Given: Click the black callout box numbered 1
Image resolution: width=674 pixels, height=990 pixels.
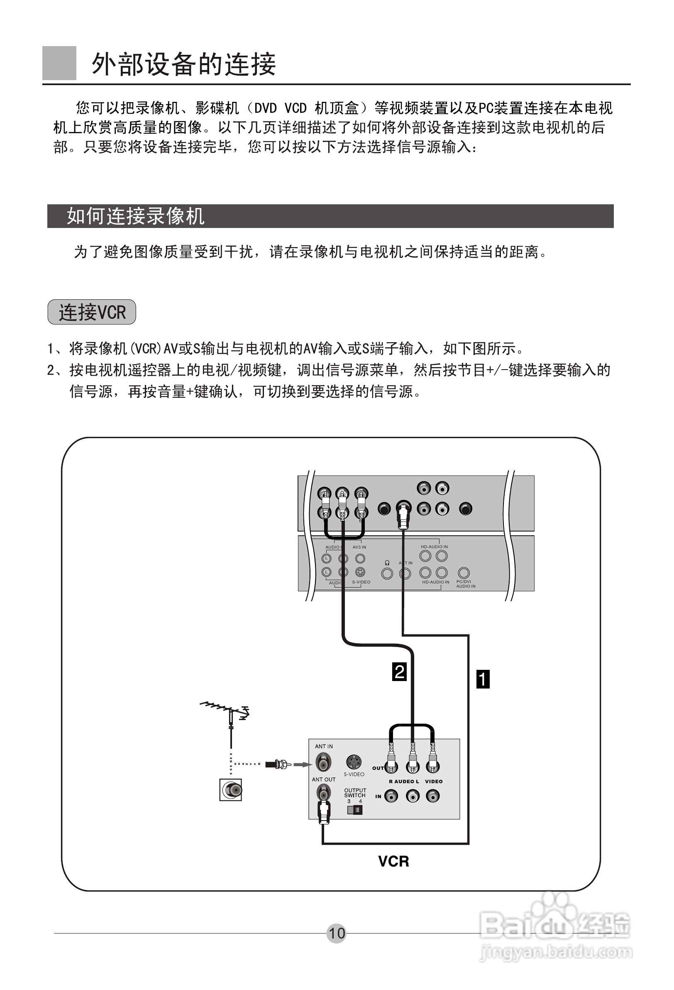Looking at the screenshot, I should coord(483,679).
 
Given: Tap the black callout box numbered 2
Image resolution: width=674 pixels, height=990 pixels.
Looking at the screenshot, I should coord(399,671).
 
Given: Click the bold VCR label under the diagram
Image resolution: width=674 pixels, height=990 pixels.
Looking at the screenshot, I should coord(393,861).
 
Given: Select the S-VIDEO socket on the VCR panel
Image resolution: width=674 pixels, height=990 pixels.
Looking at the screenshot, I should coord(354,762).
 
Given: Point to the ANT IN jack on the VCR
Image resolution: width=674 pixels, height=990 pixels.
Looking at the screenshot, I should coord(323,762).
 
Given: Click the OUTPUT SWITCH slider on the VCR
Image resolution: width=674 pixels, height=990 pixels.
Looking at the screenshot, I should coord(355,810).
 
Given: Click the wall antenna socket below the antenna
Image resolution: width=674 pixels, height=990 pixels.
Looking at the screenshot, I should coord(231,790).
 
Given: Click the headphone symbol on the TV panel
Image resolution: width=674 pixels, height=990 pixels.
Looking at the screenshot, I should coord(387,563).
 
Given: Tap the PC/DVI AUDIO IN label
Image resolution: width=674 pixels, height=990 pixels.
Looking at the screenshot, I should coord(465,583).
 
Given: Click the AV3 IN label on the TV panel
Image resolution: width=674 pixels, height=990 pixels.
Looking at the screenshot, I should coord(359,547).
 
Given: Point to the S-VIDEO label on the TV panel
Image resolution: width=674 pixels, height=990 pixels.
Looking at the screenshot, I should coord(361,582).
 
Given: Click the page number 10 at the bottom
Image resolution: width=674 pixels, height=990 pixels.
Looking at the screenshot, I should coord(336,933).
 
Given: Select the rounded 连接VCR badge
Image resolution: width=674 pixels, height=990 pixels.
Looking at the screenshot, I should coord(92,312).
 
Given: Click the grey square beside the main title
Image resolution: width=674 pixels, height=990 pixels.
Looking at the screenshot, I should coord(59,63).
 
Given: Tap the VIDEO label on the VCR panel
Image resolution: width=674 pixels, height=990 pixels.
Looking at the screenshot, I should coord(433,781).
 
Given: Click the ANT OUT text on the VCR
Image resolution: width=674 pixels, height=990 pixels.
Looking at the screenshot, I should coord(324,779).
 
